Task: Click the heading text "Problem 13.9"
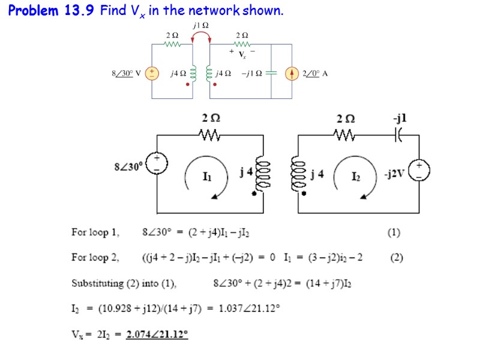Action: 51,11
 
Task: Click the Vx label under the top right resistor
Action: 242,54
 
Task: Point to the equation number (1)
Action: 394,232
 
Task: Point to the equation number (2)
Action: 396,258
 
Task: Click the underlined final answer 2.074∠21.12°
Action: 157,334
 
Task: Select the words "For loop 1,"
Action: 96,232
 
